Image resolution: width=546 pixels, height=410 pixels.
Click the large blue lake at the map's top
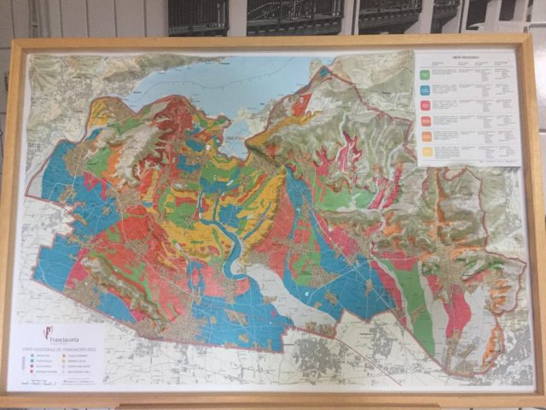(x=213, y=85)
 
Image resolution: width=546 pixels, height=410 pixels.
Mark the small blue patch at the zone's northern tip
(x=323, y=72)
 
